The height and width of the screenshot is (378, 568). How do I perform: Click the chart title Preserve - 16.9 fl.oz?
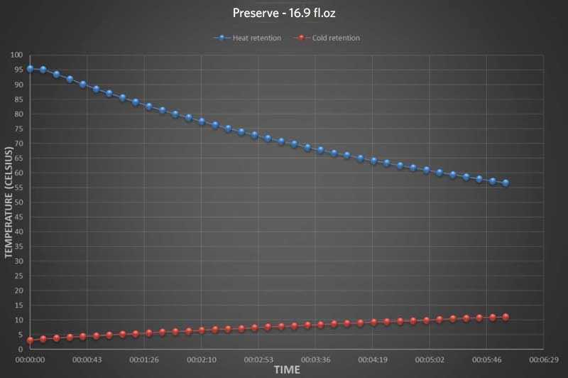283,13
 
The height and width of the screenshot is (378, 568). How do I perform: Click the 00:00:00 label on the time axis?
31,360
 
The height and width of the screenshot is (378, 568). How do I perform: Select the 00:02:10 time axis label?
202,360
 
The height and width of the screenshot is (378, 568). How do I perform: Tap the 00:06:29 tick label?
543,360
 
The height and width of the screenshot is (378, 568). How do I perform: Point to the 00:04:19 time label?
373,360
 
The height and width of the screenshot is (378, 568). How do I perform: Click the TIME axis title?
287,370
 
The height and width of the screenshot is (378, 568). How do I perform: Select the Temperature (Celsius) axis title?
9,202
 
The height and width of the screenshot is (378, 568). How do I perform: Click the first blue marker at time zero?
31,69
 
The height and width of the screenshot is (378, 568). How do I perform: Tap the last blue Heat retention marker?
506,183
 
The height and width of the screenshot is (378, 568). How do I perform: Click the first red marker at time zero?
31,340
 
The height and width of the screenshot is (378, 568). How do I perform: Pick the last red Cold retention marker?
506,317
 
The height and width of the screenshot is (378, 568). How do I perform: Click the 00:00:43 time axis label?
87,360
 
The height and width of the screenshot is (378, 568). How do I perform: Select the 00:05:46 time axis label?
486,360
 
